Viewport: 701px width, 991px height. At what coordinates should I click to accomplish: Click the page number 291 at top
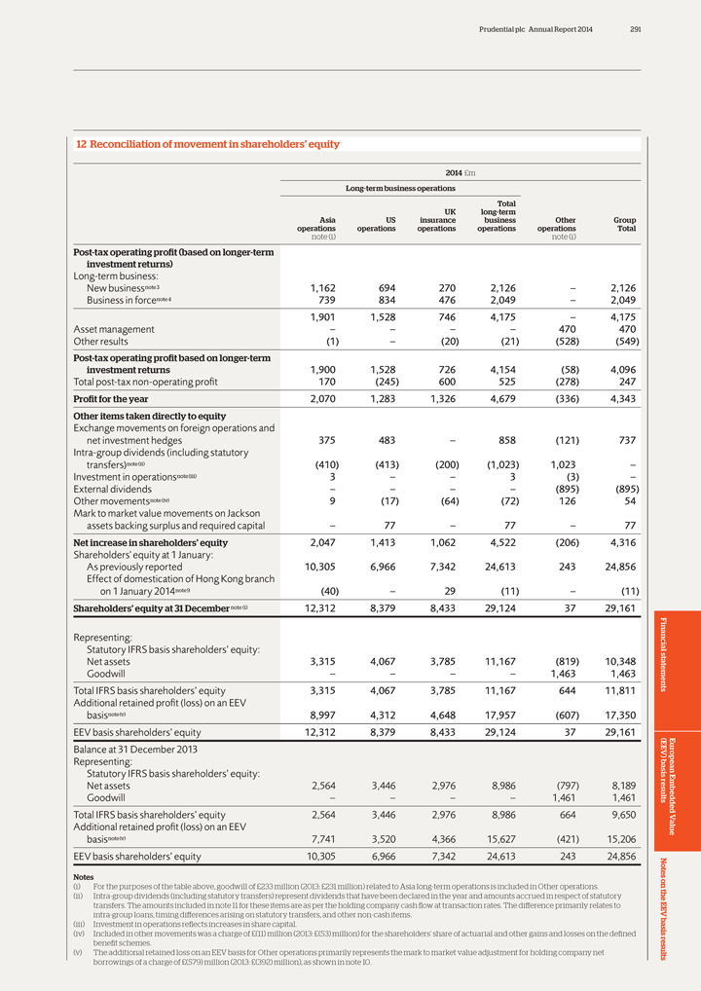[635, 28]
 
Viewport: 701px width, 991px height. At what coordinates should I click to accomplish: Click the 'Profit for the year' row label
[109, 400]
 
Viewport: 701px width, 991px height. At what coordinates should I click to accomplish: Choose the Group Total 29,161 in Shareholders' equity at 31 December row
[618, 609]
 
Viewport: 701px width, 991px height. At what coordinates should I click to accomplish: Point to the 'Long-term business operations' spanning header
[400, 187]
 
